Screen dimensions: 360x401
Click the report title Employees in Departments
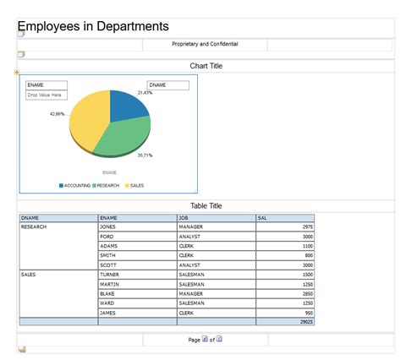(x=93, y=27)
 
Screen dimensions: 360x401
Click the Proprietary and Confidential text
(x=205, y=44)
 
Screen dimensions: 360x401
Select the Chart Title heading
(x=206, y=66)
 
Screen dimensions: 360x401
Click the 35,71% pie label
(x=146, y=155)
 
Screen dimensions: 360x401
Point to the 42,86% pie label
(x=57, y=113)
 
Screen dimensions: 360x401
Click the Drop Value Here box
(x=45, y=95)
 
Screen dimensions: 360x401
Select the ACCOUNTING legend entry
(x=77, y=185)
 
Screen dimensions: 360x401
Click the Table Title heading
(x=206, y=205)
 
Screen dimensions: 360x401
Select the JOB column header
(x=184, y=218)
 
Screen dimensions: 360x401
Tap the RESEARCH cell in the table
(x=34, y=227)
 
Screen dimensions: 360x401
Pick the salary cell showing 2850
(x=307, y=293)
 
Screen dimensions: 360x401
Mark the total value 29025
(x=305, y=322)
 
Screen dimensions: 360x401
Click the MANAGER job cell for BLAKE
(x=191, y=293)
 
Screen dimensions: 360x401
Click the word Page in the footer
(x=194, y=340)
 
